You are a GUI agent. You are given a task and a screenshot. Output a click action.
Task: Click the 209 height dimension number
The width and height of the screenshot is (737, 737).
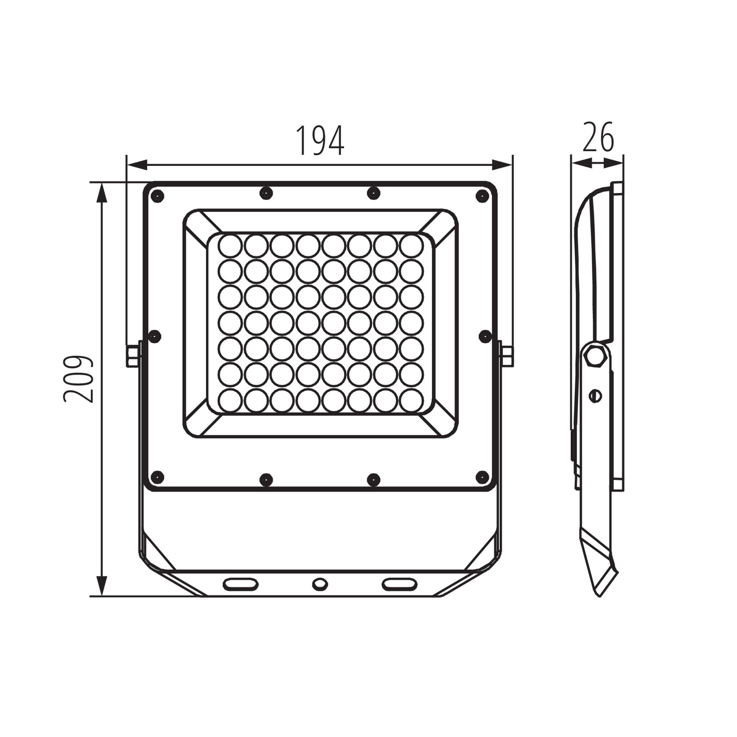click(x=78, y=379)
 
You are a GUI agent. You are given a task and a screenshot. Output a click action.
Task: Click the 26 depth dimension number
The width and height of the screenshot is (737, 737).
click(x=598, y=137)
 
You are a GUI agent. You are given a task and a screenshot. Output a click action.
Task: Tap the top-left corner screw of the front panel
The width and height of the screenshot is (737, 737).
click(x=157, y=196)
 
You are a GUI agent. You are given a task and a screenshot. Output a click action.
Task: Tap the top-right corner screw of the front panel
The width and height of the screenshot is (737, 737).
click(x=482, y=196)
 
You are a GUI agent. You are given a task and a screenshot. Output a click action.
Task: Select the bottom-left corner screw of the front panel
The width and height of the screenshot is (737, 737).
click(x=157, y=477)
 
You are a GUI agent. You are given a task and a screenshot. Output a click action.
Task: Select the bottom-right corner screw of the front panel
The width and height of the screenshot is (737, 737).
click(x=482, y=477)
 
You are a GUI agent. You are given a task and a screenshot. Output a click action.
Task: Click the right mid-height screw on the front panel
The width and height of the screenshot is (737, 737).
click(x=485, y=336)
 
